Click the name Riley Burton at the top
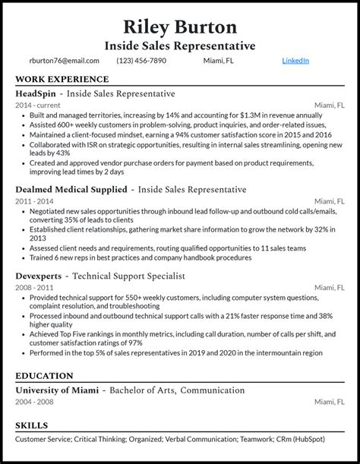click(x=179, y=27)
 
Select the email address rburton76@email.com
click(x=65, y=61)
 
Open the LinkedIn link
click(x=295, y=61)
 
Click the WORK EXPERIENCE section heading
click(x=62, y=79)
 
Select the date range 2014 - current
click(x=38, y=105)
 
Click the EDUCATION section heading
click(x=44, y=376)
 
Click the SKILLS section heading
click(x=31, y=426)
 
